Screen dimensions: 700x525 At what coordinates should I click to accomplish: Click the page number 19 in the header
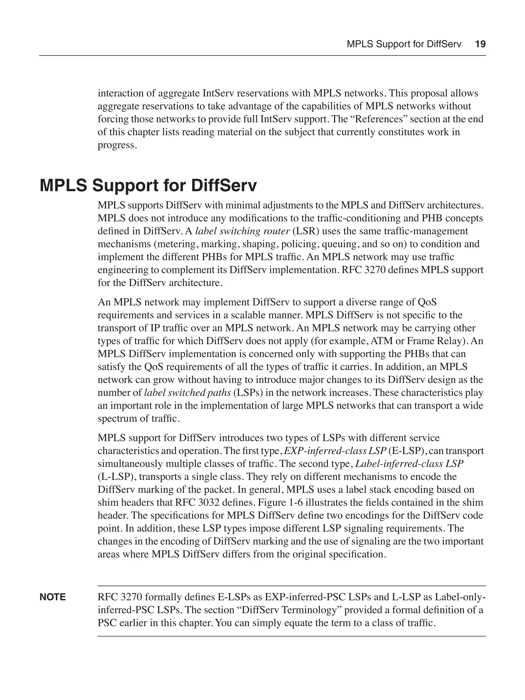480,44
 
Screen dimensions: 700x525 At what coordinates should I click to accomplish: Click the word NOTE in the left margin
53,597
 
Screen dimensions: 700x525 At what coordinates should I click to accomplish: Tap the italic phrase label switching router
242,231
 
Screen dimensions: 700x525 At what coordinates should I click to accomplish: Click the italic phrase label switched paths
187,393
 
